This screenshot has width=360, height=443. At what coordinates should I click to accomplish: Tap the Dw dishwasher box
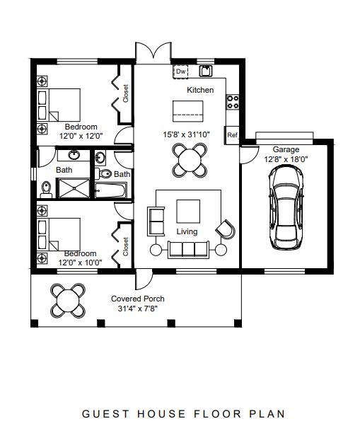(180, 71)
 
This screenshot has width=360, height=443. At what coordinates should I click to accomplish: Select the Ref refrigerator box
(231, 134)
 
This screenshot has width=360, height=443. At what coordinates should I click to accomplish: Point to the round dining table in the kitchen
(191, 159)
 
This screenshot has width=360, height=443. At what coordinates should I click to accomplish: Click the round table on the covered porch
(68, 299)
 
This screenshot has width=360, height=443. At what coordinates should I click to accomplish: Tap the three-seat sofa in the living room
(188, 248)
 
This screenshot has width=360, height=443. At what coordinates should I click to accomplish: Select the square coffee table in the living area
(188, 211)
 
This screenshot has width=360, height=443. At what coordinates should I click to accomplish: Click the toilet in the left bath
(47, 188)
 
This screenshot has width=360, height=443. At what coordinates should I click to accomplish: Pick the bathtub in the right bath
(110, 190)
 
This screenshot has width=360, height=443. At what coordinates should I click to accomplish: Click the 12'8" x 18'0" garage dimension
(286, 159)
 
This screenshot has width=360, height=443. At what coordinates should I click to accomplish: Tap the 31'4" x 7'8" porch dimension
(138, 309)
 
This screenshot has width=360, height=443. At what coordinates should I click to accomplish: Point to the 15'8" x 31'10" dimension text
(186, 134)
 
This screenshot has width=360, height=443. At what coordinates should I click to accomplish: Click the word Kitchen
(200, 91)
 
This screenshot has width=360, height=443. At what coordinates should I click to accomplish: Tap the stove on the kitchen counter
(232, 102)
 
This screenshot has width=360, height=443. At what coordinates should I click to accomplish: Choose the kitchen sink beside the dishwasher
(206, 71)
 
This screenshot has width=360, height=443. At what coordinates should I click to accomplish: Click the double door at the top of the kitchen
(153, 52)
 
